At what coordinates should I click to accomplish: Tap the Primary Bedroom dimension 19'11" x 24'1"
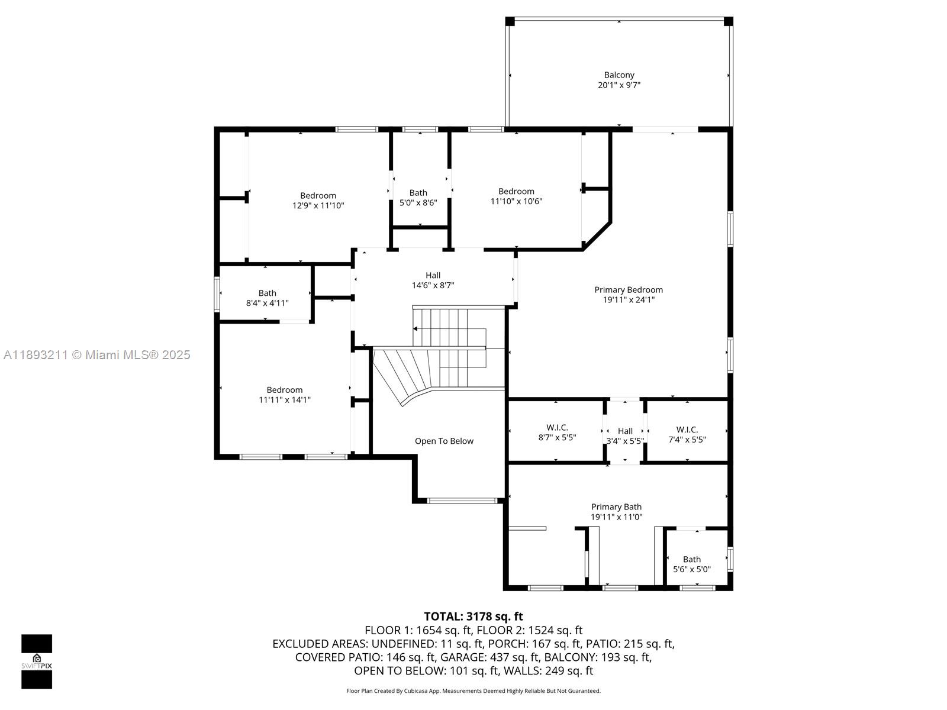coord(629,300)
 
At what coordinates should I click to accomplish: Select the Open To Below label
coord(444,441)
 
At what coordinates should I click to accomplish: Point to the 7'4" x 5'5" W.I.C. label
coord(687,434)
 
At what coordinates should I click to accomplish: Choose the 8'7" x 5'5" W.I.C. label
coord(556,433)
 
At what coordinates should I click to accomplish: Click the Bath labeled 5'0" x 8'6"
coord(418,198)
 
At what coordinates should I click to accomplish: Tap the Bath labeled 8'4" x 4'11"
coord(267,298)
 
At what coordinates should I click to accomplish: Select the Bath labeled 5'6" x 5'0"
coord(691,564)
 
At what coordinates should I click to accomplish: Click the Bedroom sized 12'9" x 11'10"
coord(318,201)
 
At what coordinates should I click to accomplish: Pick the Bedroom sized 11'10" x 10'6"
coord(516,196)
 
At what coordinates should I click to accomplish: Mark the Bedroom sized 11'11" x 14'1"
coord(284,395)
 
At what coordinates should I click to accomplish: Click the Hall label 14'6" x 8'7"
coord(433,280)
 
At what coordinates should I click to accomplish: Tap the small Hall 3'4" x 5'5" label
coord(625,436)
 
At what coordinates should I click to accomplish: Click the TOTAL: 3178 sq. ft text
coord(473,617)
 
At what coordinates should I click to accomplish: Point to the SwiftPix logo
coord(37,661)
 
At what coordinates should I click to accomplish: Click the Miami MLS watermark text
coord(97,355)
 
